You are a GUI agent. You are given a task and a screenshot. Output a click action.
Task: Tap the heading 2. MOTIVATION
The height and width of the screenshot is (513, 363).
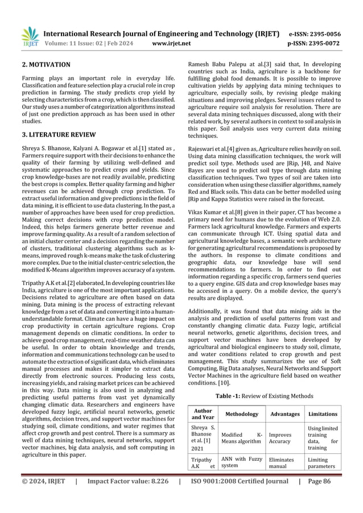(x=46, y=65)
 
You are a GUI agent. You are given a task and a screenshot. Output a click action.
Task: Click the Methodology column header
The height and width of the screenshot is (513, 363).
(x=239, y=414)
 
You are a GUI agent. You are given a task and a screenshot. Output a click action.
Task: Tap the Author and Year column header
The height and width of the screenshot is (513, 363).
(x=203, y=414)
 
